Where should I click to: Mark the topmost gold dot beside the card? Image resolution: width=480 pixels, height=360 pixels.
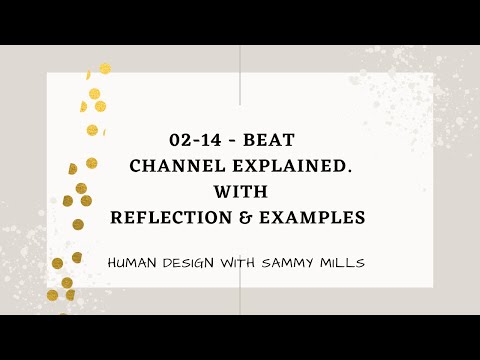coord(104,69)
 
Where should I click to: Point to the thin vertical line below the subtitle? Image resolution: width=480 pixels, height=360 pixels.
coord(240,300)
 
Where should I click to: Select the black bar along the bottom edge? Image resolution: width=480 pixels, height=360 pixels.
coord(240,338)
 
